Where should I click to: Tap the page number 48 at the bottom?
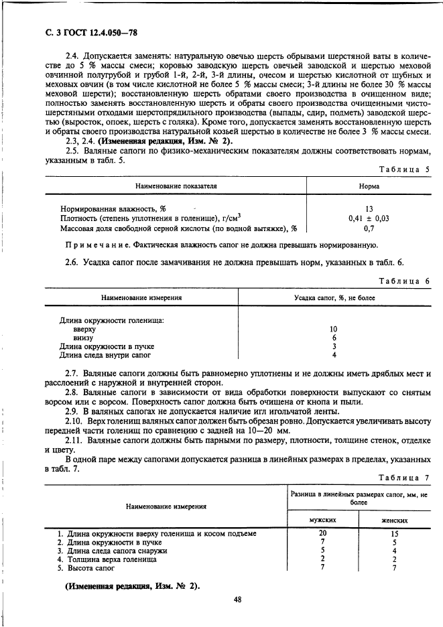point(237,600)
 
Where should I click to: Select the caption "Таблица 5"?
point(404,169)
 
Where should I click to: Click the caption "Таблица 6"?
point(404,281)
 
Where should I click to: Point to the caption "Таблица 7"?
point(404,477)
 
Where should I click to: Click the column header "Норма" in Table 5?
point(369,186)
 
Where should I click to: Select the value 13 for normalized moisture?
point(369,209)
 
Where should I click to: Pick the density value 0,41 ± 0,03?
point(369,218)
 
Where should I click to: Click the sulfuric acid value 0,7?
point(369,228)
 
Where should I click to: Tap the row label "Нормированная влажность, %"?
point(113,209)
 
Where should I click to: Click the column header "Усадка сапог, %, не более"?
point(334,297)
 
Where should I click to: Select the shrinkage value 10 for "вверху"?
point(334,330)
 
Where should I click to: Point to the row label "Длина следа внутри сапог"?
point(105,355)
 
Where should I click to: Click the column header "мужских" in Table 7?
point(322,520)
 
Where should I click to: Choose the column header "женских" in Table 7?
point(395,520)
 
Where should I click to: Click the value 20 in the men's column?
point(322,533)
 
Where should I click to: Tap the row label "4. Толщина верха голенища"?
point(107,559)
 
